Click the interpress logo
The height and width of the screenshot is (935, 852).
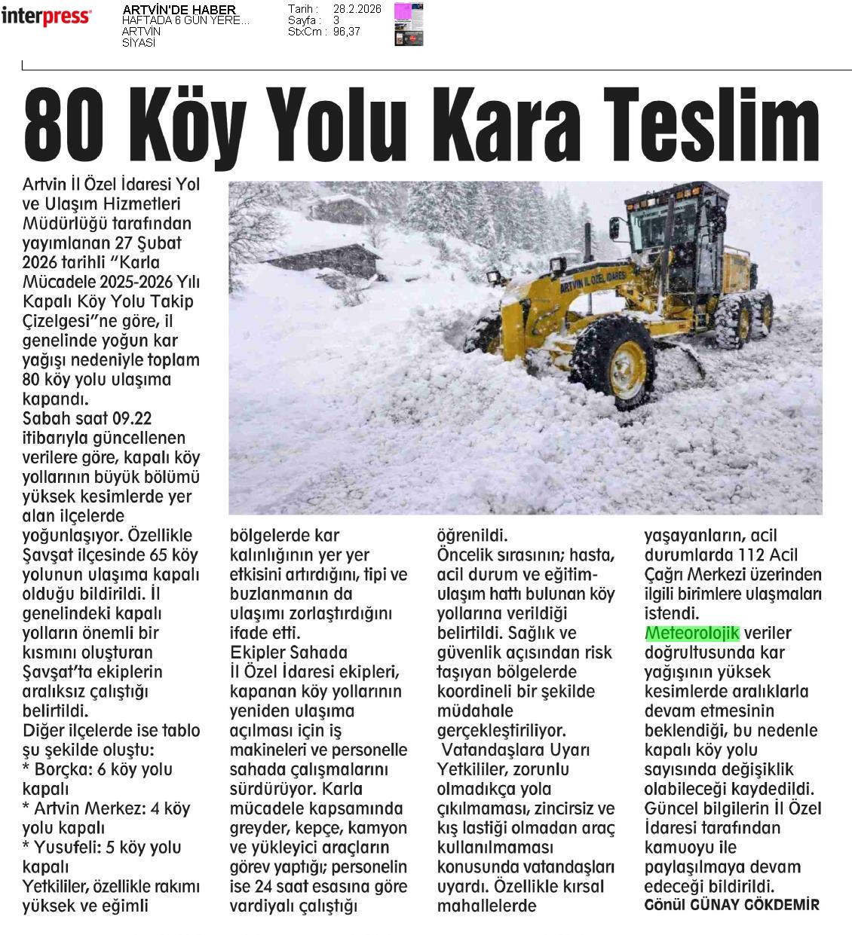point(46,17)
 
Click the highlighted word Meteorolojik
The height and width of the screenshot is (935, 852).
point(692,633)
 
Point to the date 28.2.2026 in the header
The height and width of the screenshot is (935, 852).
point(357,9)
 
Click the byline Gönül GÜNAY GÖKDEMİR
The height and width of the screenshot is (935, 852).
point(731,905)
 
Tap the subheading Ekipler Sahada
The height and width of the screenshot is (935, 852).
point(288,652)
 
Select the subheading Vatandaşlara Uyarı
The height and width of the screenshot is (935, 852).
point(515,750)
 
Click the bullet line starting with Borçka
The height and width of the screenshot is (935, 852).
point(97,770)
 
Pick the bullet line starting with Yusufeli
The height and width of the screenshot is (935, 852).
point(102,848)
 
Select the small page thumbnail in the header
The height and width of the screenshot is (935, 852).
point(408,24)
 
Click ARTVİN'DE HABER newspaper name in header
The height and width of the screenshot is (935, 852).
point(179,10)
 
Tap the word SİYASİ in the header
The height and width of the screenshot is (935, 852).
point(139,43)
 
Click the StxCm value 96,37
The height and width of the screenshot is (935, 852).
point(347,32)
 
